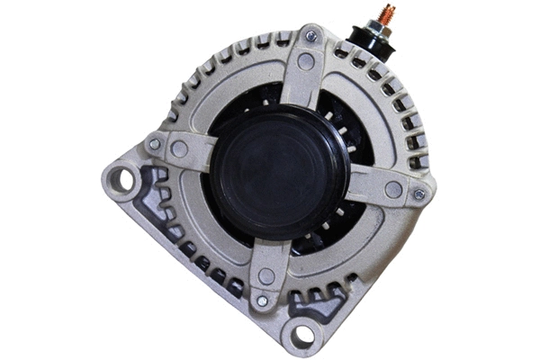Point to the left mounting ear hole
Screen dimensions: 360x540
pyautogui.click(x=122, y=179)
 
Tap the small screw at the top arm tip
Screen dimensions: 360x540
pyautogui.click(x=310, y=37)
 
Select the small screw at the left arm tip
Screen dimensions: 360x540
pyautogui.click(x=155, y=144)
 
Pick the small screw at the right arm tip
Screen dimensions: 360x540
pyautogui.click(x=418, y=193)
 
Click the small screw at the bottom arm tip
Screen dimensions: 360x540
pyautogui.click(x=262, y=301)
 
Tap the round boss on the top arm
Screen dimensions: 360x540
pyautogui.click(x=306, y=61)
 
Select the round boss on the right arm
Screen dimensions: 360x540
pyautogui.click(x=392, y=189)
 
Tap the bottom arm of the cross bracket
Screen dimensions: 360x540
pyautogui.click(x=266, y=261)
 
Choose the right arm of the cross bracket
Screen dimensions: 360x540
pyautogui.click(x=373, y=185)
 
